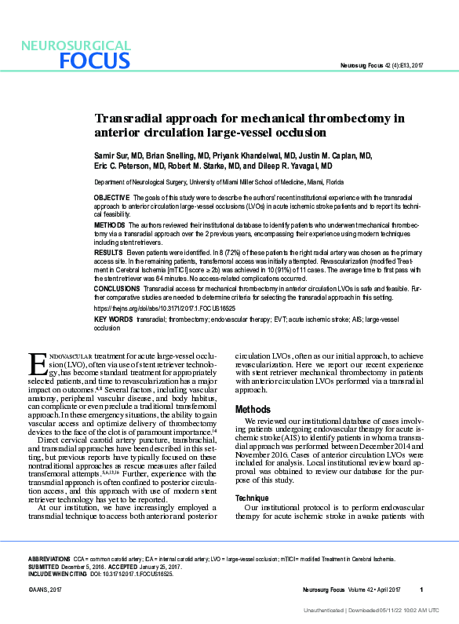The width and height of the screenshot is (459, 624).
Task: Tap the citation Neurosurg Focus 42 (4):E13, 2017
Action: click(x=380, y=64)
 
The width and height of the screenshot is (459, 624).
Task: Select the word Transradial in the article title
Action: click(x=130, y=119)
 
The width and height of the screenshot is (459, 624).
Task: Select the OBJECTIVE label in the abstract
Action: click(x=111, y=196)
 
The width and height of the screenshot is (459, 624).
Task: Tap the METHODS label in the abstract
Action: click(x=110, y=224)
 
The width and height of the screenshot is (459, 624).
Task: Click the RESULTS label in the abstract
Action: click(x=108, y=254)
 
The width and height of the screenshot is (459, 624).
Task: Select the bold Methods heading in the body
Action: click(x=253, y=409)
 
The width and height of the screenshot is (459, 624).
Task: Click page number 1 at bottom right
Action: click(x=421, y=589)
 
